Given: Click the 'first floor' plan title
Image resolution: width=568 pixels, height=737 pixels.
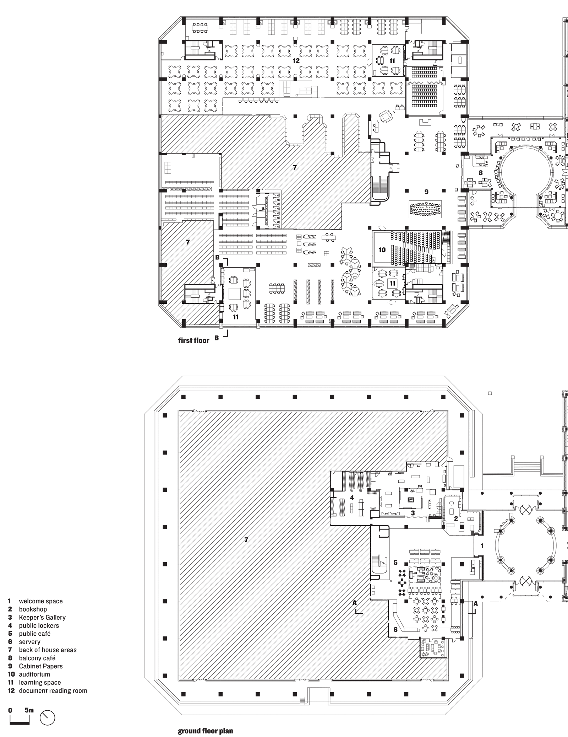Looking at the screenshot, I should pyautogui.click(x=193, y=340).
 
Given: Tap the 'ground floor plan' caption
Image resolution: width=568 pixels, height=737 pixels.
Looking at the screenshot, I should pyautogui.click(x=205, y=731).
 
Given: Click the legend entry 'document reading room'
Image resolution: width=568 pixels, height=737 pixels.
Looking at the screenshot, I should pyautogui.click(x=53, y=690).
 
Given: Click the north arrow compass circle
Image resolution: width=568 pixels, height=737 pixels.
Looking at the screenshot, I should pyautogui.click(x=48, y=717).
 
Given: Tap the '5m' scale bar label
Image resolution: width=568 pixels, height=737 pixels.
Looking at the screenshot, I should pyautogui.click(x=29, y=710).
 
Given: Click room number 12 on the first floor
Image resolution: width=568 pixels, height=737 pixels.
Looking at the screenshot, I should pyautogui.click(x=296, y=61).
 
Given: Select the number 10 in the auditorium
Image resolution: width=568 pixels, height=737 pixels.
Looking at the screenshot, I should pyautogui.click(x=382, y=250).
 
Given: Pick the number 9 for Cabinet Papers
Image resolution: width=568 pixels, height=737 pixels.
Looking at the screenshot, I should pyautogui.click(x=426, y=192).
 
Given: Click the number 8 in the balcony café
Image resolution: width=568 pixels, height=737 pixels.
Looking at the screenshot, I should pyautogui.click(x=481, y=173).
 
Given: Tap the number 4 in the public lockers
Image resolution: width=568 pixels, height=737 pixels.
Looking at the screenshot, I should pyautogui.click(x=352, y=498).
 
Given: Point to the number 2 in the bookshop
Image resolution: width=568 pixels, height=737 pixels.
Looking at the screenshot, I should pyautogui.click(x=456, y=518).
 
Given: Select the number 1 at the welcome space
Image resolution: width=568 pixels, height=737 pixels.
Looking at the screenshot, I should pyautogui.click(x=482, y=545).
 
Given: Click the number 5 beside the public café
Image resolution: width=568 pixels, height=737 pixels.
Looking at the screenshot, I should pyautogui.click(x=395, y=563).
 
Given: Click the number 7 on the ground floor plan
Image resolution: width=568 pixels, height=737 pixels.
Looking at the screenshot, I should pyautogui.click(x=246, y=540).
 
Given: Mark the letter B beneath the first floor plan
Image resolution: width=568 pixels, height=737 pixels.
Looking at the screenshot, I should pyautogui.click(x=217, y=338).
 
